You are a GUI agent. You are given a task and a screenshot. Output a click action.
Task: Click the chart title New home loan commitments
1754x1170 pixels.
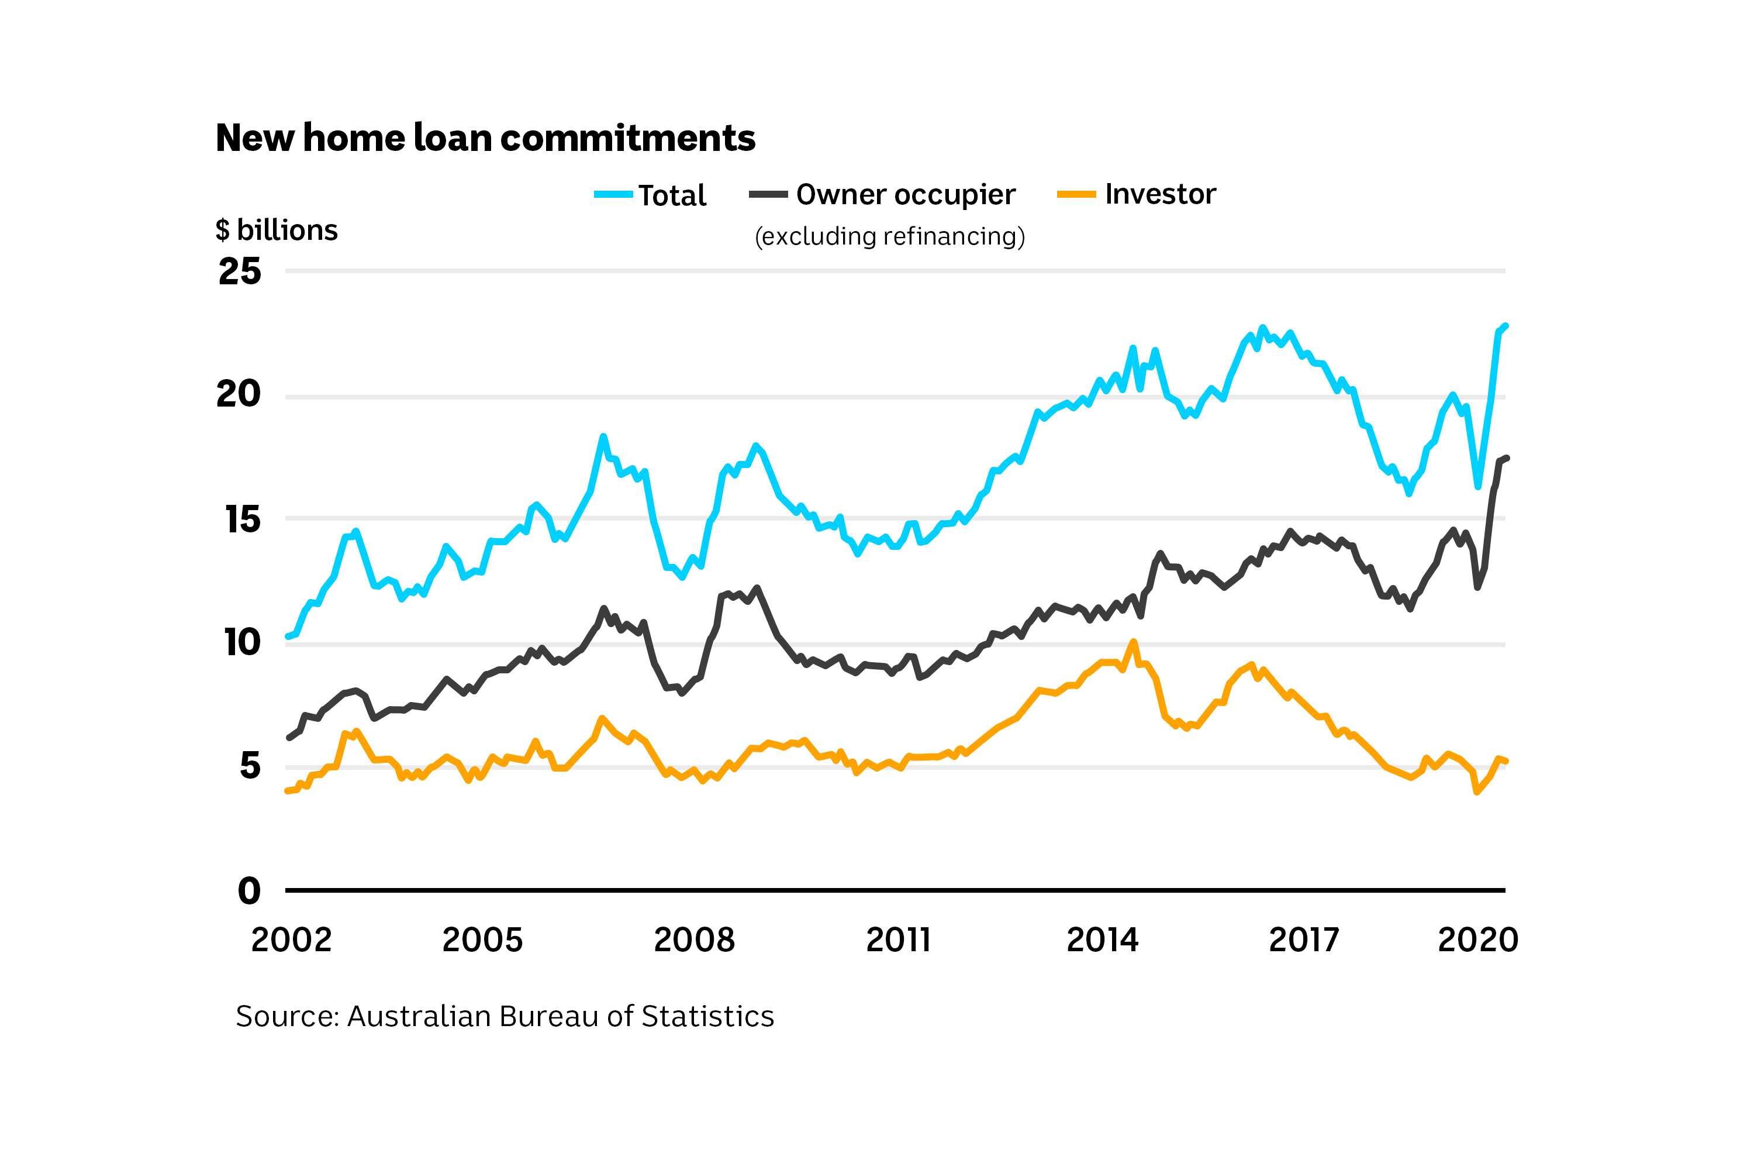click(x=485, y=138)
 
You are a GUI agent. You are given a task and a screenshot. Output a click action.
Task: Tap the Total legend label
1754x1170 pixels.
click(x=672, y=195)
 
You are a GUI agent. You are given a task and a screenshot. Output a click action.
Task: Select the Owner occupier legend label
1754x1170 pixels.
click(x=905, y=195)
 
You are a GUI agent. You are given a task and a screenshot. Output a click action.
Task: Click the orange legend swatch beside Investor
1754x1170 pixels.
click(x=1076, y=195)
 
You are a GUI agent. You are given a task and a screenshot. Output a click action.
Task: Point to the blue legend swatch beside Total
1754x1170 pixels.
click(x=613, y=195)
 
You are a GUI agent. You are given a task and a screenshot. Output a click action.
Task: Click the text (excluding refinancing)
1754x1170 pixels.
click(x=890, y=236)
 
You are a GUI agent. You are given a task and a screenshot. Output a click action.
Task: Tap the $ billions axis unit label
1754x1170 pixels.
click(x=277, y=230)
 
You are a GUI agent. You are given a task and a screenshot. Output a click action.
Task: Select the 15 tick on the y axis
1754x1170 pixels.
click(x=243, y=519)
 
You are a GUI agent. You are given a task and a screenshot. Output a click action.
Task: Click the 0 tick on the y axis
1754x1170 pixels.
click(x=249, y=891)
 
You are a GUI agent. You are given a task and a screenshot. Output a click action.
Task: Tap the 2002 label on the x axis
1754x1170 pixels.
click(x=291, y=940)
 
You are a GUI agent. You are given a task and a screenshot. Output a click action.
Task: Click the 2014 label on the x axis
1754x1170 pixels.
click(x=1102, y=940)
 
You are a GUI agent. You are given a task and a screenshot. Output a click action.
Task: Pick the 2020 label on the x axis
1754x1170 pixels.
click(x=1477, y=940)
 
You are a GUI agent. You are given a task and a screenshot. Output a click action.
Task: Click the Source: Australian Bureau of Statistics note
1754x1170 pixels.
click(x=505, y=1016)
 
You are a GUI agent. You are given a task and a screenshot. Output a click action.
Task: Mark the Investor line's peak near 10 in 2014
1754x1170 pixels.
click(x=1133, y=642)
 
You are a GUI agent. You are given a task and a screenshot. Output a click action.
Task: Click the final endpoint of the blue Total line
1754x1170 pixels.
click(x=1506, y=326)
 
